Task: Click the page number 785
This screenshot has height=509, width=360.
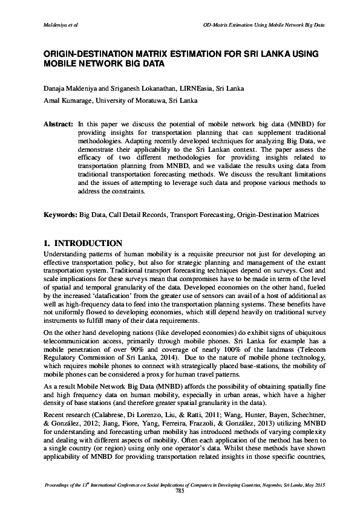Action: tap(179, 491)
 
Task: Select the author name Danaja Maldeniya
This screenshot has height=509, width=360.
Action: tap(70, 88)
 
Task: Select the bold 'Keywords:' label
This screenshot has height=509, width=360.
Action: tap(59, 215)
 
